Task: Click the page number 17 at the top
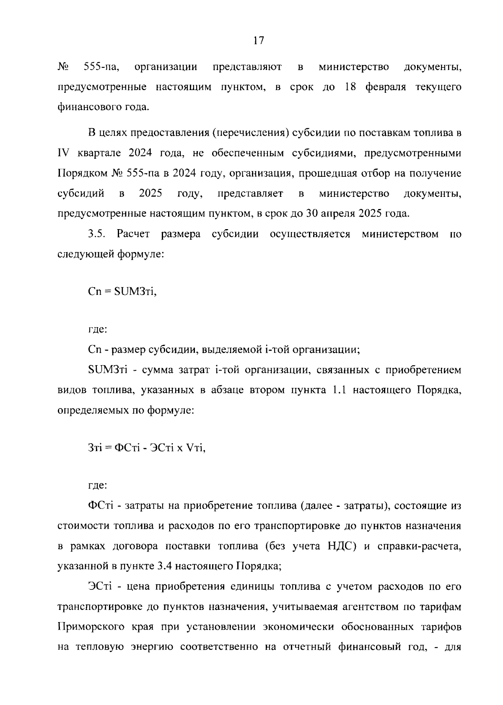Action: (259, 41)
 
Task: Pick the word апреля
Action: (339, 214)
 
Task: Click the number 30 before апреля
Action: (313, 214)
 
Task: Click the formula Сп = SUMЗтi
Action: (122, 292)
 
